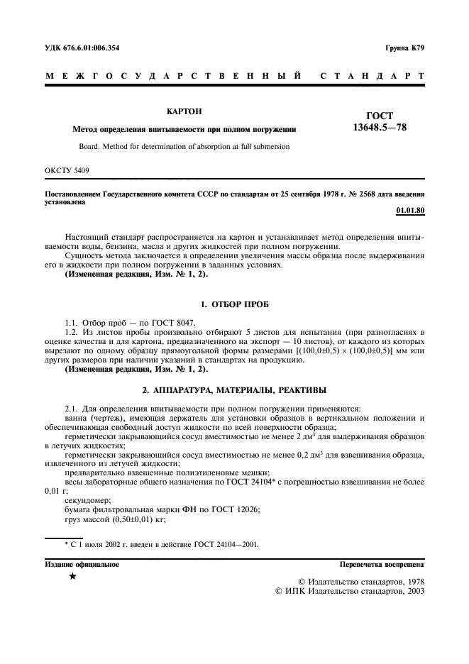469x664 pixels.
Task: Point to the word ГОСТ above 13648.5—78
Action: coord(379,116)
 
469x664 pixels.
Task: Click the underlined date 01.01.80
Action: coord(409,211)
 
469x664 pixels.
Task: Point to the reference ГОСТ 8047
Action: coord(170,321)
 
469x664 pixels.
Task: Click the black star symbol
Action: coord(73,577)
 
